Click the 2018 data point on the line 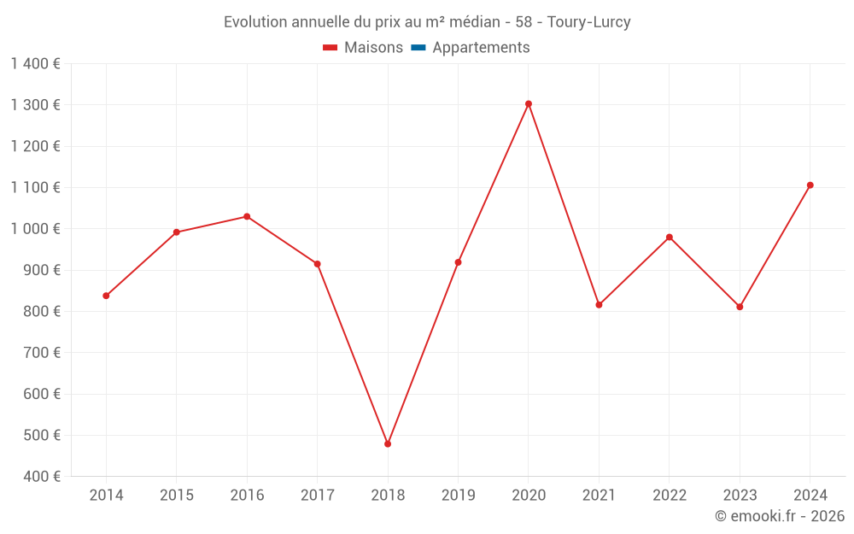388,443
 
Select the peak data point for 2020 529,104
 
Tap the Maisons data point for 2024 810,185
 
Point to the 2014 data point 106,296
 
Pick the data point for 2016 247,216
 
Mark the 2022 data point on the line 670,237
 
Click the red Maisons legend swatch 330,48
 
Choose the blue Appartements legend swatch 418,48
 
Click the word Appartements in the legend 481,48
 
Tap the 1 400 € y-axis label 36,64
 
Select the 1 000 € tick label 36,229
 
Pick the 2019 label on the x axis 458,496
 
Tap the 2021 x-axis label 599,496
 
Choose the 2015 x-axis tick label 177,496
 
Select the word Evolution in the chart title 255,22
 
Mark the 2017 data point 317,264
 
